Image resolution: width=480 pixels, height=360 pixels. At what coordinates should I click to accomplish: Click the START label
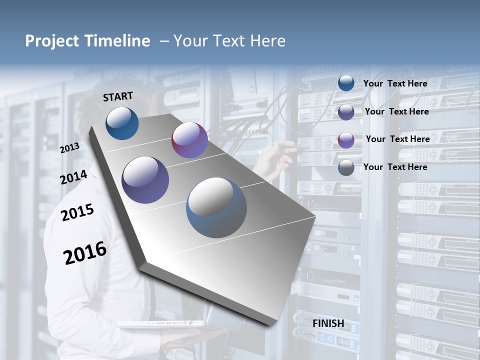click(x=118, y=96)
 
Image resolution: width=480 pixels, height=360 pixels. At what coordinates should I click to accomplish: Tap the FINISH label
click(x=328, y=323)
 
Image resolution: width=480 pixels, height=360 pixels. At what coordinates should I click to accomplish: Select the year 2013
click(x=69, y=147)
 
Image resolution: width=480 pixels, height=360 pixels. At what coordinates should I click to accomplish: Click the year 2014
click(x=73, y=177)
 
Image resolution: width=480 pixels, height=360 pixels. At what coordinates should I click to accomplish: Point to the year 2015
click(x=77, y=212)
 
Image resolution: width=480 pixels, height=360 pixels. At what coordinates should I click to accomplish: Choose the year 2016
click(x=85, y=253)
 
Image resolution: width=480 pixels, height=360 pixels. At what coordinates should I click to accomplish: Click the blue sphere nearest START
click(x=122, y=123)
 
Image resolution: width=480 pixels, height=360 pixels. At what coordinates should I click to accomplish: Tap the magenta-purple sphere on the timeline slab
click(x=189, y=140)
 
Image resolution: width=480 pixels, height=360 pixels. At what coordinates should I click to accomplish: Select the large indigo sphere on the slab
click(x=145, y=180)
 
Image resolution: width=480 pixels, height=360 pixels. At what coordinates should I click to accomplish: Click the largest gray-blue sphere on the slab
click(x=216, y=207)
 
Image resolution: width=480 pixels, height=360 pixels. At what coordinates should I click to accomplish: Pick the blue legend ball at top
click(x=346, y=83)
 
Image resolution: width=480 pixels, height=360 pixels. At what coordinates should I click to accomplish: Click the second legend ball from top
click(x=346, y=111)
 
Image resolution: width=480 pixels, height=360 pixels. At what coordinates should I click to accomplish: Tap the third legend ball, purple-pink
click(x=346, y=139)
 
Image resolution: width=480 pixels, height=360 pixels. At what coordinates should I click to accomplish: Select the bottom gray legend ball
click(x=346, y=167)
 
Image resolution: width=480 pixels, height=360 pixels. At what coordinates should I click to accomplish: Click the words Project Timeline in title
click(x=87, y=41)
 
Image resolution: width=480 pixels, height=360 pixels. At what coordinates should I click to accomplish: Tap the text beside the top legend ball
click(x=395, y=83)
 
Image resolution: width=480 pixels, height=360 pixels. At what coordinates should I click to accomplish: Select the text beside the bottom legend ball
click(x=395, y=167)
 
